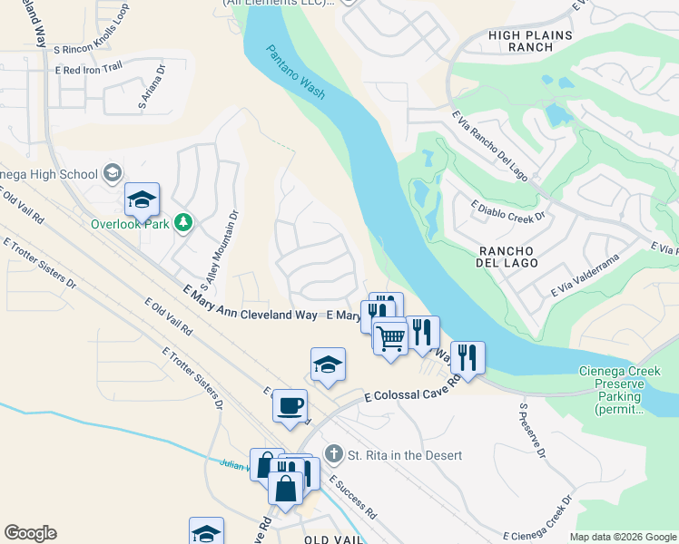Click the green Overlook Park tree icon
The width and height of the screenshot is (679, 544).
pos(183,222)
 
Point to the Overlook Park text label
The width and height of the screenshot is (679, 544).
pos(129,223)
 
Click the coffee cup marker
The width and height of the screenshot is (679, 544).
pos(290,404)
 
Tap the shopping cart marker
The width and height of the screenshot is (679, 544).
pos(390,337)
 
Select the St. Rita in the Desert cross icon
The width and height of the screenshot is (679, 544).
pos(334,453)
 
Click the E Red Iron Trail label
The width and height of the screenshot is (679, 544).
pos(88,69)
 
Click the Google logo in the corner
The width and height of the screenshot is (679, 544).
pos(31,533)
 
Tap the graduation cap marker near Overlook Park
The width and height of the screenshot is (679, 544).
pos(142,199)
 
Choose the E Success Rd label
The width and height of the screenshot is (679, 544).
pos(353,497)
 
